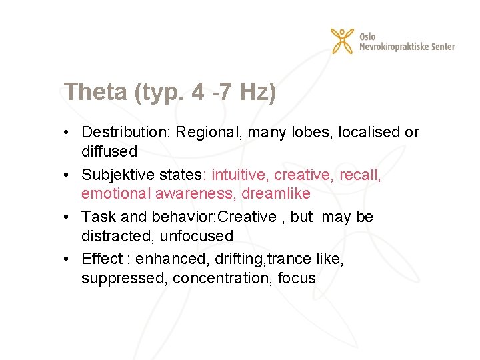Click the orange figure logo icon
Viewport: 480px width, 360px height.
click(343, 41)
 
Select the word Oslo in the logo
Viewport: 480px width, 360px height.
click(367, 36)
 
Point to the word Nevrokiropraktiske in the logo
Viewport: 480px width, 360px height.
click(397, 47)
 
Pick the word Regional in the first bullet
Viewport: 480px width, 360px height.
click(209, 132)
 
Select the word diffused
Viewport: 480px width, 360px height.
click(109, 151)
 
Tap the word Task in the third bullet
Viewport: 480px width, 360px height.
click(96, 217)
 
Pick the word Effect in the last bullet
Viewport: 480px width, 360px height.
click(102, 259)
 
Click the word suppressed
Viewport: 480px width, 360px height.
click(123, 279)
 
